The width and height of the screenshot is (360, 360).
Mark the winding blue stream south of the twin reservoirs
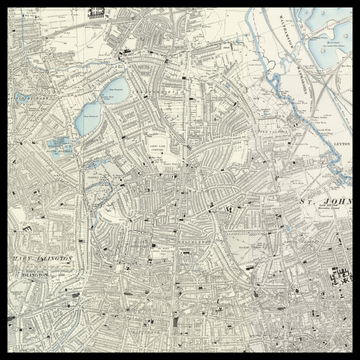[x=100, y=160]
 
